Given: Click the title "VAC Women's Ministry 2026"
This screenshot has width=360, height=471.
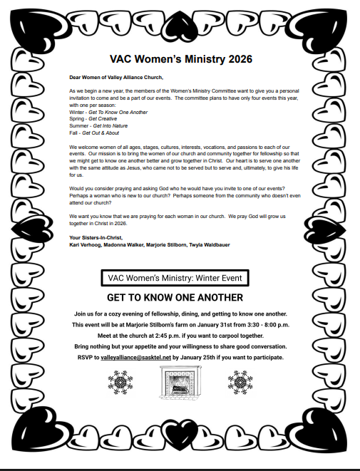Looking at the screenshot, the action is point(181,59).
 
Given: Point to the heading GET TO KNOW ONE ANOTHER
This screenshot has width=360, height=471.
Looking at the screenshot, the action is point(175,297).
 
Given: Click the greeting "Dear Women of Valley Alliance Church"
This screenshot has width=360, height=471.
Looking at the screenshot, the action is point(115,77).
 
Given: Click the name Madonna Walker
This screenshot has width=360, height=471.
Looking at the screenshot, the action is point(125,244).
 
